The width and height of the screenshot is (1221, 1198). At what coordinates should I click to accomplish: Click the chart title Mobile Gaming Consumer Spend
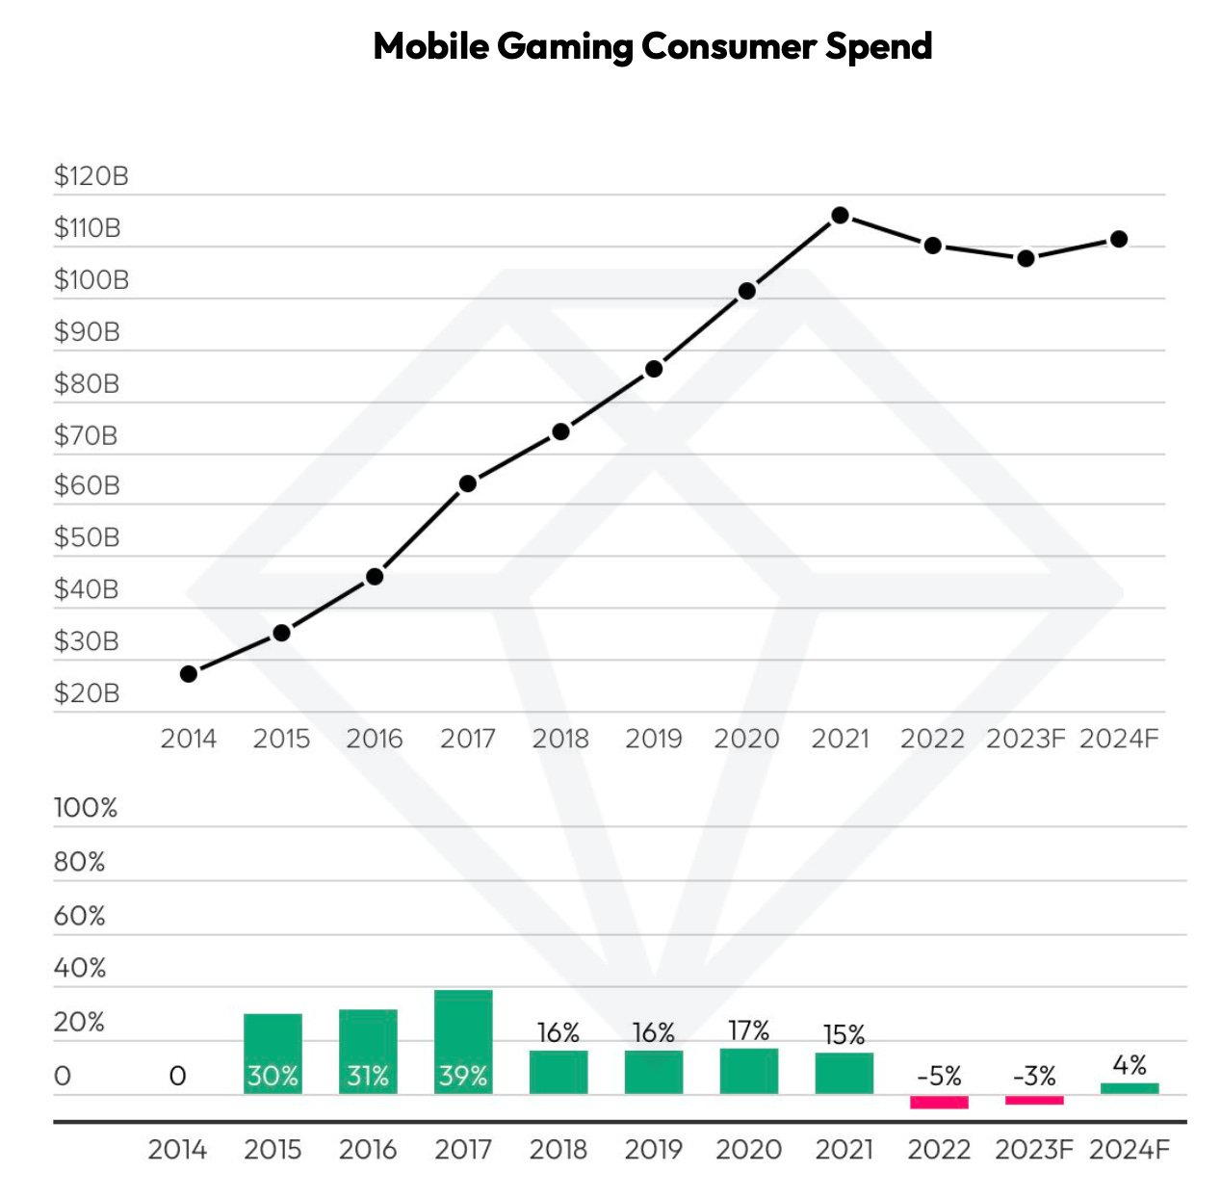[x=652, y=46]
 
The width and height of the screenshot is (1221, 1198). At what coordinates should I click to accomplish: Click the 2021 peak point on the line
[x=840, y=216]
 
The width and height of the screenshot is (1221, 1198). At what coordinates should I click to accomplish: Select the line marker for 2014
[x=189, y=674]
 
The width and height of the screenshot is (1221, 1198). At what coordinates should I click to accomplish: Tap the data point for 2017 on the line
[x=468, y=483]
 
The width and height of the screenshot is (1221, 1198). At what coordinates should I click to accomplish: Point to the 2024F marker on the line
[x=1118, y=239]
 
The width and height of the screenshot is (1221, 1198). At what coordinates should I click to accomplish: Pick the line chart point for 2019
[x=654, y=369]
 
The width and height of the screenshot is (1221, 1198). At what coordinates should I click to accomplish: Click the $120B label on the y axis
[x=91, y=176]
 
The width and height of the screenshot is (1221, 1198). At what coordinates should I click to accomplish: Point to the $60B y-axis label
[x=87, y=485]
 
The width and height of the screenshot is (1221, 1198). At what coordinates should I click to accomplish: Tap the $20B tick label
[x=87, y=693]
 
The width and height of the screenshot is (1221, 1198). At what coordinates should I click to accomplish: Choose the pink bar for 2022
[x=939, y=1103]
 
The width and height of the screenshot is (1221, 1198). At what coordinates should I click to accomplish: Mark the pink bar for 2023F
[x=1034, y=1100]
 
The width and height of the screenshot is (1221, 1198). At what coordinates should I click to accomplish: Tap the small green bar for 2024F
[x=1130, y=1088]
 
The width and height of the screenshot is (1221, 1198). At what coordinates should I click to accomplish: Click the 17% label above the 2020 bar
[x=749, y=1031]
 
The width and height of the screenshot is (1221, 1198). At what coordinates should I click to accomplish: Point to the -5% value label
[x=939, y=1076]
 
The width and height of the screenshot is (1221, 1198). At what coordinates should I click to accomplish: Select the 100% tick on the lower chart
[x=86, y=808]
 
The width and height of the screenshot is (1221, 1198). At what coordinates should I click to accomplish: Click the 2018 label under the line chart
[x=560, y=739]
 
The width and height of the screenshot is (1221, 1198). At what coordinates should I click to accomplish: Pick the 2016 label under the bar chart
[x=368, y=1150]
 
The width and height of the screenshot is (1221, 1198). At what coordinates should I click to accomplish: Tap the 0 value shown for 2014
[x=177, y=1076]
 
